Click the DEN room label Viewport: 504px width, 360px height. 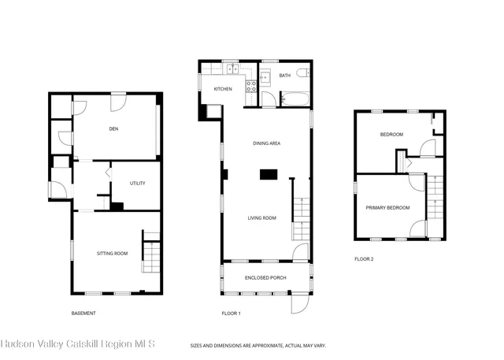coord(113,128)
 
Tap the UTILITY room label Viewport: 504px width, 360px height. coord(137,184)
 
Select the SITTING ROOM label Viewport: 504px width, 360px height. coord(112,253)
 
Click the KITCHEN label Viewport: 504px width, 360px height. coord(223,89)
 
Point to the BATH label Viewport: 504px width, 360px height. coord(284,76)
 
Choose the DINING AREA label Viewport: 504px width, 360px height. coord(267,143)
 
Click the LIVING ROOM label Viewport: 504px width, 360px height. coord(261,217)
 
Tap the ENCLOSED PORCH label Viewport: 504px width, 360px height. coord(266,278)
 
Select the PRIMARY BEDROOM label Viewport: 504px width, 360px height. coord(387,208)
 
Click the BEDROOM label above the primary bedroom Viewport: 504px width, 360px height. coord(391,135)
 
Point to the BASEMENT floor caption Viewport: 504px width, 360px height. coord(83,314)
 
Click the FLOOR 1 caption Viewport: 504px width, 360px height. coord(231,314)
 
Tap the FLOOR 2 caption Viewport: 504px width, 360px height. coord(364,259)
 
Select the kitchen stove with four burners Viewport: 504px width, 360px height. coord(252,87)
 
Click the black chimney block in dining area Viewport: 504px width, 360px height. coord(270,174)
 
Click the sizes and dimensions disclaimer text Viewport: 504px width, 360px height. coord(258,345)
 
